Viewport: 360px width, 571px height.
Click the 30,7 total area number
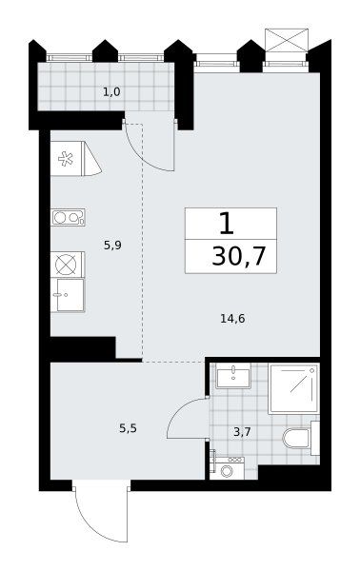(x=239, y=256)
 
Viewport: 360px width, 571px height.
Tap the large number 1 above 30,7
(x=227, y=224)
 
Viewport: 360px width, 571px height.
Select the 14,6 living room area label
(x=232, y=319)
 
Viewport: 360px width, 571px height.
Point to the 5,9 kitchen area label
(x=112, y=246)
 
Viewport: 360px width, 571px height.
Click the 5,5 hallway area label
(x=128, y=428)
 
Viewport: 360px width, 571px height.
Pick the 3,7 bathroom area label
(x=242, y=432)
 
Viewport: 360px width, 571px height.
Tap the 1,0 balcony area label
(x=111, y=92)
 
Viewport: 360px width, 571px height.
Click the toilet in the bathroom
(x=301, y=438)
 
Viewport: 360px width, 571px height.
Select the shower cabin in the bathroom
(x=293, y=388)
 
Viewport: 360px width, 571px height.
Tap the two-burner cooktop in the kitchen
(x=69, y=217)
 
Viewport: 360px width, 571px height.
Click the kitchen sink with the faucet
(x=68, y=295)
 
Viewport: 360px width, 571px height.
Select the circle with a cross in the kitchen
(x=67, y=265)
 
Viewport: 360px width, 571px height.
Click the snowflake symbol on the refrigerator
(x=66, y=159)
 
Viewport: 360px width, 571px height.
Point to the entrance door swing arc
(x=90, y=525)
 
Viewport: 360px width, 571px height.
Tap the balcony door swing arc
(x=141, y=156)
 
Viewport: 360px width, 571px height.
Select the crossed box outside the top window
(x=287, y=40)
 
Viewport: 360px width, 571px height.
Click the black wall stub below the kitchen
(x=83, y=347)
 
